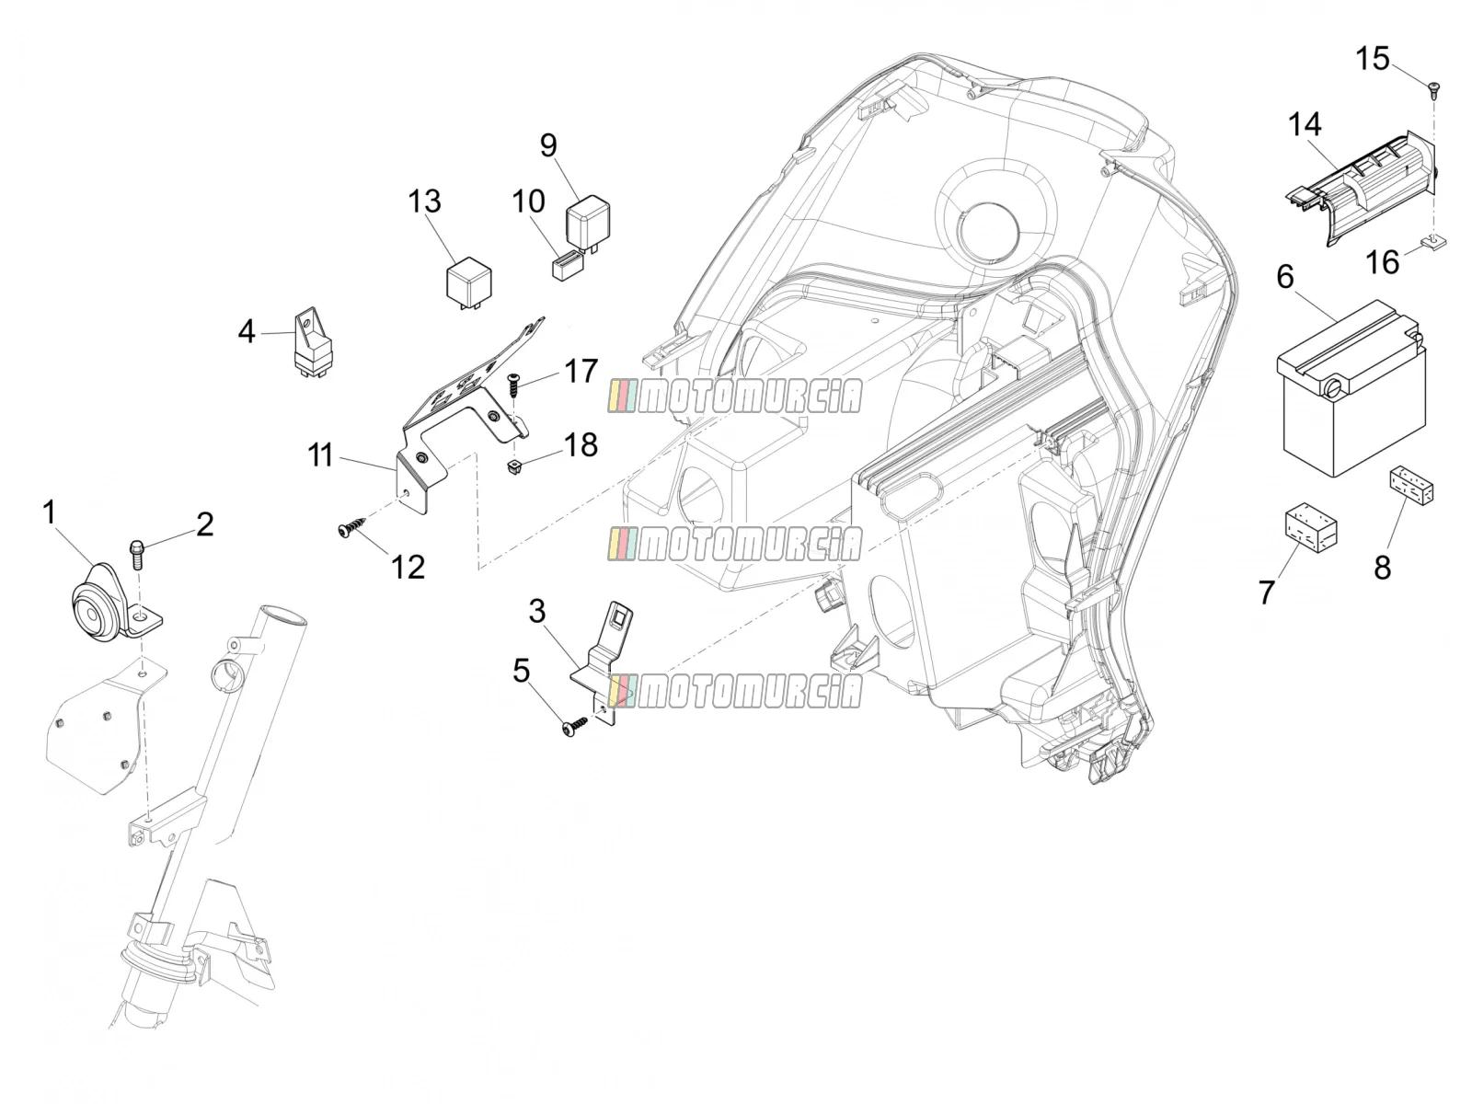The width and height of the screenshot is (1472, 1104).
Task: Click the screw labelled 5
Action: pos(575,724)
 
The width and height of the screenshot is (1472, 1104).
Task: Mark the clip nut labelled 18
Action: pos(514,466)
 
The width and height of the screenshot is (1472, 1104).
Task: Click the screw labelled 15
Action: pos(1432,90)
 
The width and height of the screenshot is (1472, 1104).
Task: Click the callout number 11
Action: pos(320,456)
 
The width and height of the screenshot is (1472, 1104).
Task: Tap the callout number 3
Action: pos(537,612)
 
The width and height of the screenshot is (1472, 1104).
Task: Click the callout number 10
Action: pos(528,201)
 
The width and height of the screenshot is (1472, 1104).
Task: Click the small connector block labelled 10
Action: pos(568,266)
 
